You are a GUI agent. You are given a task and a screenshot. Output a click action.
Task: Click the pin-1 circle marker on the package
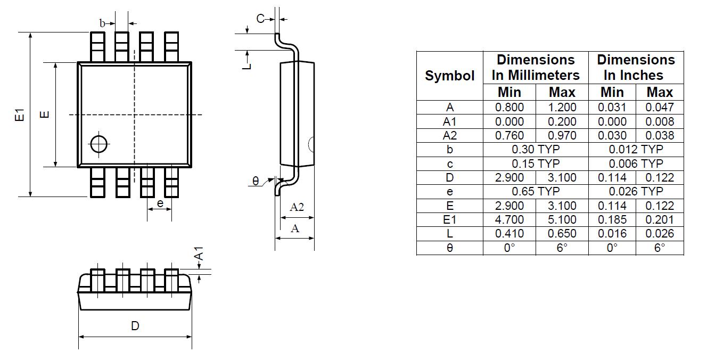pos(99,143)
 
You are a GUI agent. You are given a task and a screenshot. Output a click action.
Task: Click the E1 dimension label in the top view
pos(20,114)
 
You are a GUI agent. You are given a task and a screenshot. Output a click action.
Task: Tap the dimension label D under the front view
pos(135,325)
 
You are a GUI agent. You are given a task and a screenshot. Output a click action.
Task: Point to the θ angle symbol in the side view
pos(256,182)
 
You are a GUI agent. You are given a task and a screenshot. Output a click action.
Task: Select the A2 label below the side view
pos(297,207)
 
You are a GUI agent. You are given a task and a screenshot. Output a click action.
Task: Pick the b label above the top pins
pos(103,23)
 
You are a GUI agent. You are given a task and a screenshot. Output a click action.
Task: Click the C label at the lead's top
pos(260,19)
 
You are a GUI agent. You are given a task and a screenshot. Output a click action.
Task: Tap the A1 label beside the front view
pos(198,253)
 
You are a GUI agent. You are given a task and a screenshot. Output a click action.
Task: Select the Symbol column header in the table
pos(450,76)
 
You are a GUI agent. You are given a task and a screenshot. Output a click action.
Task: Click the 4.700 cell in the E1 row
pos(509,219)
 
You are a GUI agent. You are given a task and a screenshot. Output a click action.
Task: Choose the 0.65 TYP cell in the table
pos(536,191)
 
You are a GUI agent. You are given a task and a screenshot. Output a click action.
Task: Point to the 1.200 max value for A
pos(562,107)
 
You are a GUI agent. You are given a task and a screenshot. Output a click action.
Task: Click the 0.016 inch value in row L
pos(612,233)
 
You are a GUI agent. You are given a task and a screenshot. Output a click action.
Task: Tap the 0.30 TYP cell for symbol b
pos(536,150)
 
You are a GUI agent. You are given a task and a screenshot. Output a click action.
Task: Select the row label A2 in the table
pos(450,136)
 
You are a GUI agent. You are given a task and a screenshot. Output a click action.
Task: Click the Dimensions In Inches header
pos(636,67)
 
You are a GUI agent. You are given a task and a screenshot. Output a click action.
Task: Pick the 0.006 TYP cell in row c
pos(636,163)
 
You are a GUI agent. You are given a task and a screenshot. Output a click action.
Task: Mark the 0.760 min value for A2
pos(509,136)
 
